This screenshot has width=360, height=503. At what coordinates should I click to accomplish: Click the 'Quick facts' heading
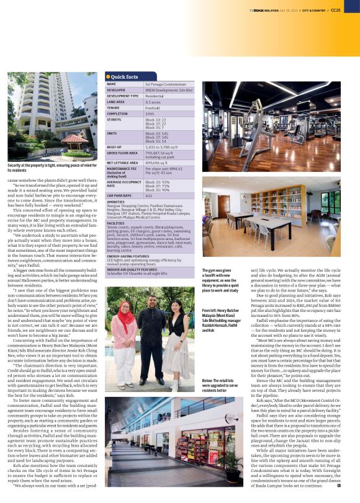coord(125,76)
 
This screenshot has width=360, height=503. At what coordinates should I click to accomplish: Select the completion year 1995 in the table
coord(150,114)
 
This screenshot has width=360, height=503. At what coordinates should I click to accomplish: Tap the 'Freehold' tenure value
coord(153,107)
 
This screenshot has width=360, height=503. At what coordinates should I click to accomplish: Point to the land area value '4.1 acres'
coord(154,101)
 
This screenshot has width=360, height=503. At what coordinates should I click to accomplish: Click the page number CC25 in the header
coord(352,9)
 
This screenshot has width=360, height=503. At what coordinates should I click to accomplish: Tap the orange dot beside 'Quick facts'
coord(108,76)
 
